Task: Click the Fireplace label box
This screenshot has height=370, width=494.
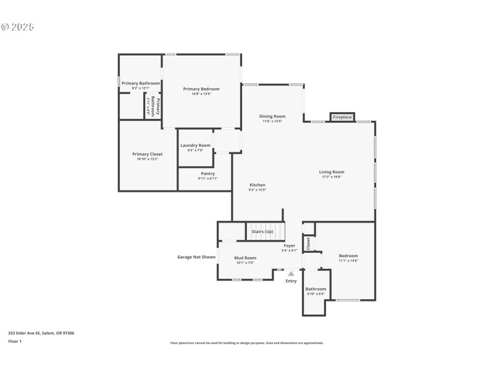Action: pyautogui.click(x=342, y=117)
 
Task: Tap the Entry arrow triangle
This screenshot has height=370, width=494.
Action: pyautogui.click(x=291, y=273)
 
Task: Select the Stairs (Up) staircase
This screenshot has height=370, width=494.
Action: pyautogui.click(x=266, y=231)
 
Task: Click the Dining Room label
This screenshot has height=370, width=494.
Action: pyautogui.click(x=272, y=117)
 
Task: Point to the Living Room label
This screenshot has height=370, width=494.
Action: pyautogui.click(x=332, y=172)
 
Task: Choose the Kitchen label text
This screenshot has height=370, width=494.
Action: pyautogui.click(x=257, y=185)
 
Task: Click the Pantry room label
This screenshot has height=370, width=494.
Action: pyautogui.click(x=207, y=173)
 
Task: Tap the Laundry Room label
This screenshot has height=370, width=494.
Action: pyautogui.click(x=196, y=146)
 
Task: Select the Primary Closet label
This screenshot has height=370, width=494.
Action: pyautogui.click(x=148, y=154)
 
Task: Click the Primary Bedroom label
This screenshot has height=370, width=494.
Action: pyautogui.click(x=201, y=89)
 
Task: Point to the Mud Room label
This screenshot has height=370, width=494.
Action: pyautogui.click(x=245, y=258)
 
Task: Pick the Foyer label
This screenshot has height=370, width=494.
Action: pyautogui.click(x=289, y=245)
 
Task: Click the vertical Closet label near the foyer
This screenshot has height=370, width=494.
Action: pyautogui.click(x=308, y=244)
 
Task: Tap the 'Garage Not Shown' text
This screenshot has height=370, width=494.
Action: pyautogui.click(x=196, y=257)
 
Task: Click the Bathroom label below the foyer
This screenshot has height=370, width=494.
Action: pyautogui.click(x=316, y=289)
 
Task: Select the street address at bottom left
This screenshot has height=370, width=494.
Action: pyautogui.click(x=41, y=333)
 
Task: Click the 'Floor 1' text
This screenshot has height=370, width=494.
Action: pyautogui.click(x=15, y=341)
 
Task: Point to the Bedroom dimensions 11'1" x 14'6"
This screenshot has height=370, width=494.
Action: pyautogui.click(x=348, y=261)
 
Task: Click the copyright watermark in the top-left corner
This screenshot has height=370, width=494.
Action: pyautogui.click(x=17, y=27)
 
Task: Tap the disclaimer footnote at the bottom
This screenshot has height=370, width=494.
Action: pyautogui.click(x=246, y=343)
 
